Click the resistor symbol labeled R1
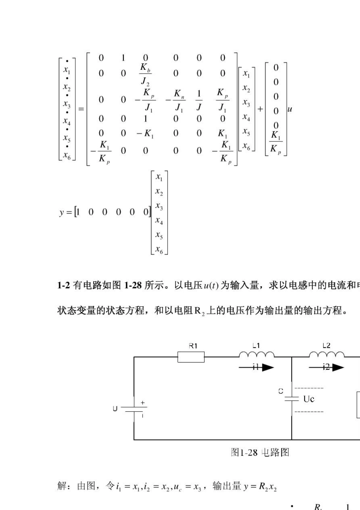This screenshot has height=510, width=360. [191, 357]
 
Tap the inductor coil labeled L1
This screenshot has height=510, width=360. [257, 355]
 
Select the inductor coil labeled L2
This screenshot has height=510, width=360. [327, 355]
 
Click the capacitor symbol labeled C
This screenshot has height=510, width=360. [292, 399]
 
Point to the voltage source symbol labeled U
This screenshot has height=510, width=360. [134, 409]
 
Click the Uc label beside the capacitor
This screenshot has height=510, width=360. [309, 399]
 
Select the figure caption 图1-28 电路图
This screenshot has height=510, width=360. [260, 452]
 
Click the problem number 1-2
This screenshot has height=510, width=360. [64, 285]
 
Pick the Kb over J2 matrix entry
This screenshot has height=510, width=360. [146, 74]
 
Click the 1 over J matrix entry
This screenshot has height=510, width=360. [199, 100]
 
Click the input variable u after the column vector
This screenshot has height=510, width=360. [290, 109]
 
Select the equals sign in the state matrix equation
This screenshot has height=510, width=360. [81, 109]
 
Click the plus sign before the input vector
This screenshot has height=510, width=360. [260, 109]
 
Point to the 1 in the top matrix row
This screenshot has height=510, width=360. [123, 58]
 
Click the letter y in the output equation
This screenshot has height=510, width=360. [62, 212]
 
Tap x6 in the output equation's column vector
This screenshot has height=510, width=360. [159, 250]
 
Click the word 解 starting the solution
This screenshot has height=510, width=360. [62, 486]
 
